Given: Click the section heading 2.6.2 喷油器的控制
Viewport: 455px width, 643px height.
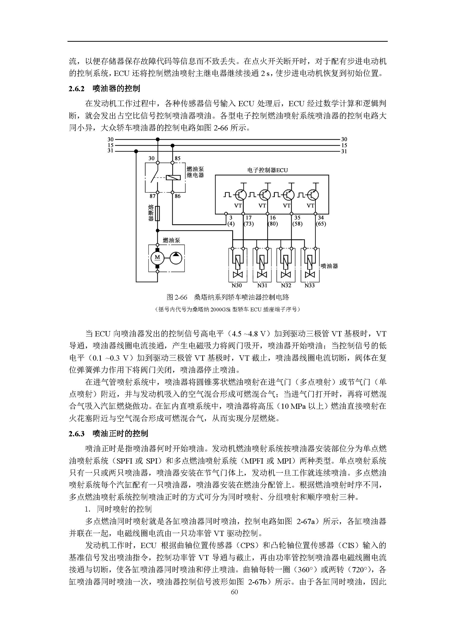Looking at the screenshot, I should (104, 89).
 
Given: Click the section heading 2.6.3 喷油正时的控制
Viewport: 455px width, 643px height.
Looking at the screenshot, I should (108, 434).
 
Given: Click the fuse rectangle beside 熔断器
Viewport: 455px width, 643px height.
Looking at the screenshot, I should (157, 213).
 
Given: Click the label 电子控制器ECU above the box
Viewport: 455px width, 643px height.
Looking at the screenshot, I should (267, 170).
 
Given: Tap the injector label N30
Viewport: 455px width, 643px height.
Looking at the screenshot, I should (237, 285).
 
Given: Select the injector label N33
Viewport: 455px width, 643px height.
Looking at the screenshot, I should (309, 285).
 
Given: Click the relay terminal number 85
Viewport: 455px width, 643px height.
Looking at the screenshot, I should (178, 158).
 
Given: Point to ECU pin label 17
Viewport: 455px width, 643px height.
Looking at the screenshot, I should (248, 218).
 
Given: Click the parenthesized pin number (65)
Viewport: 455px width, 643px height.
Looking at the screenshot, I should (321, 224).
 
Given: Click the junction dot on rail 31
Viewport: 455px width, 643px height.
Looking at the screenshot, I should (136, 151).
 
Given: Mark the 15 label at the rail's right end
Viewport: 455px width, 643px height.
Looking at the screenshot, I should (344, 145).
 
